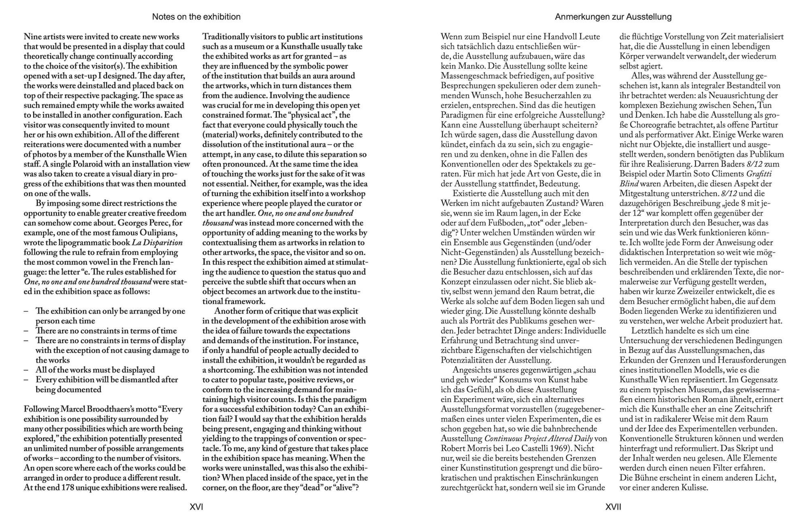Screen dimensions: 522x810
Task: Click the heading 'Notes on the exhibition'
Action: click(x=196, y=17)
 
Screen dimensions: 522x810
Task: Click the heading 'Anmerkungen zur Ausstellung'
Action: click(x=613, y=17)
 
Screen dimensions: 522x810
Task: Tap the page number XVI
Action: click(x=196, y=507)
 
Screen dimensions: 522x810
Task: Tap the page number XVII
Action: click(x=613, y=507)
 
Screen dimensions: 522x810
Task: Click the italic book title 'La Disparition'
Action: click(x=157, y=242)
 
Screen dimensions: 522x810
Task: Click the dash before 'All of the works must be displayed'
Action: click(x=26, y=370)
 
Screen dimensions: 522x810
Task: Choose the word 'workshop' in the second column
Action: click(x=348, y=193)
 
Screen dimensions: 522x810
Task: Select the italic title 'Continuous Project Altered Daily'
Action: click(x=538, y=439)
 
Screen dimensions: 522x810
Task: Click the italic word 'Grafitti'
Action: click(x=759, y=174)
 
